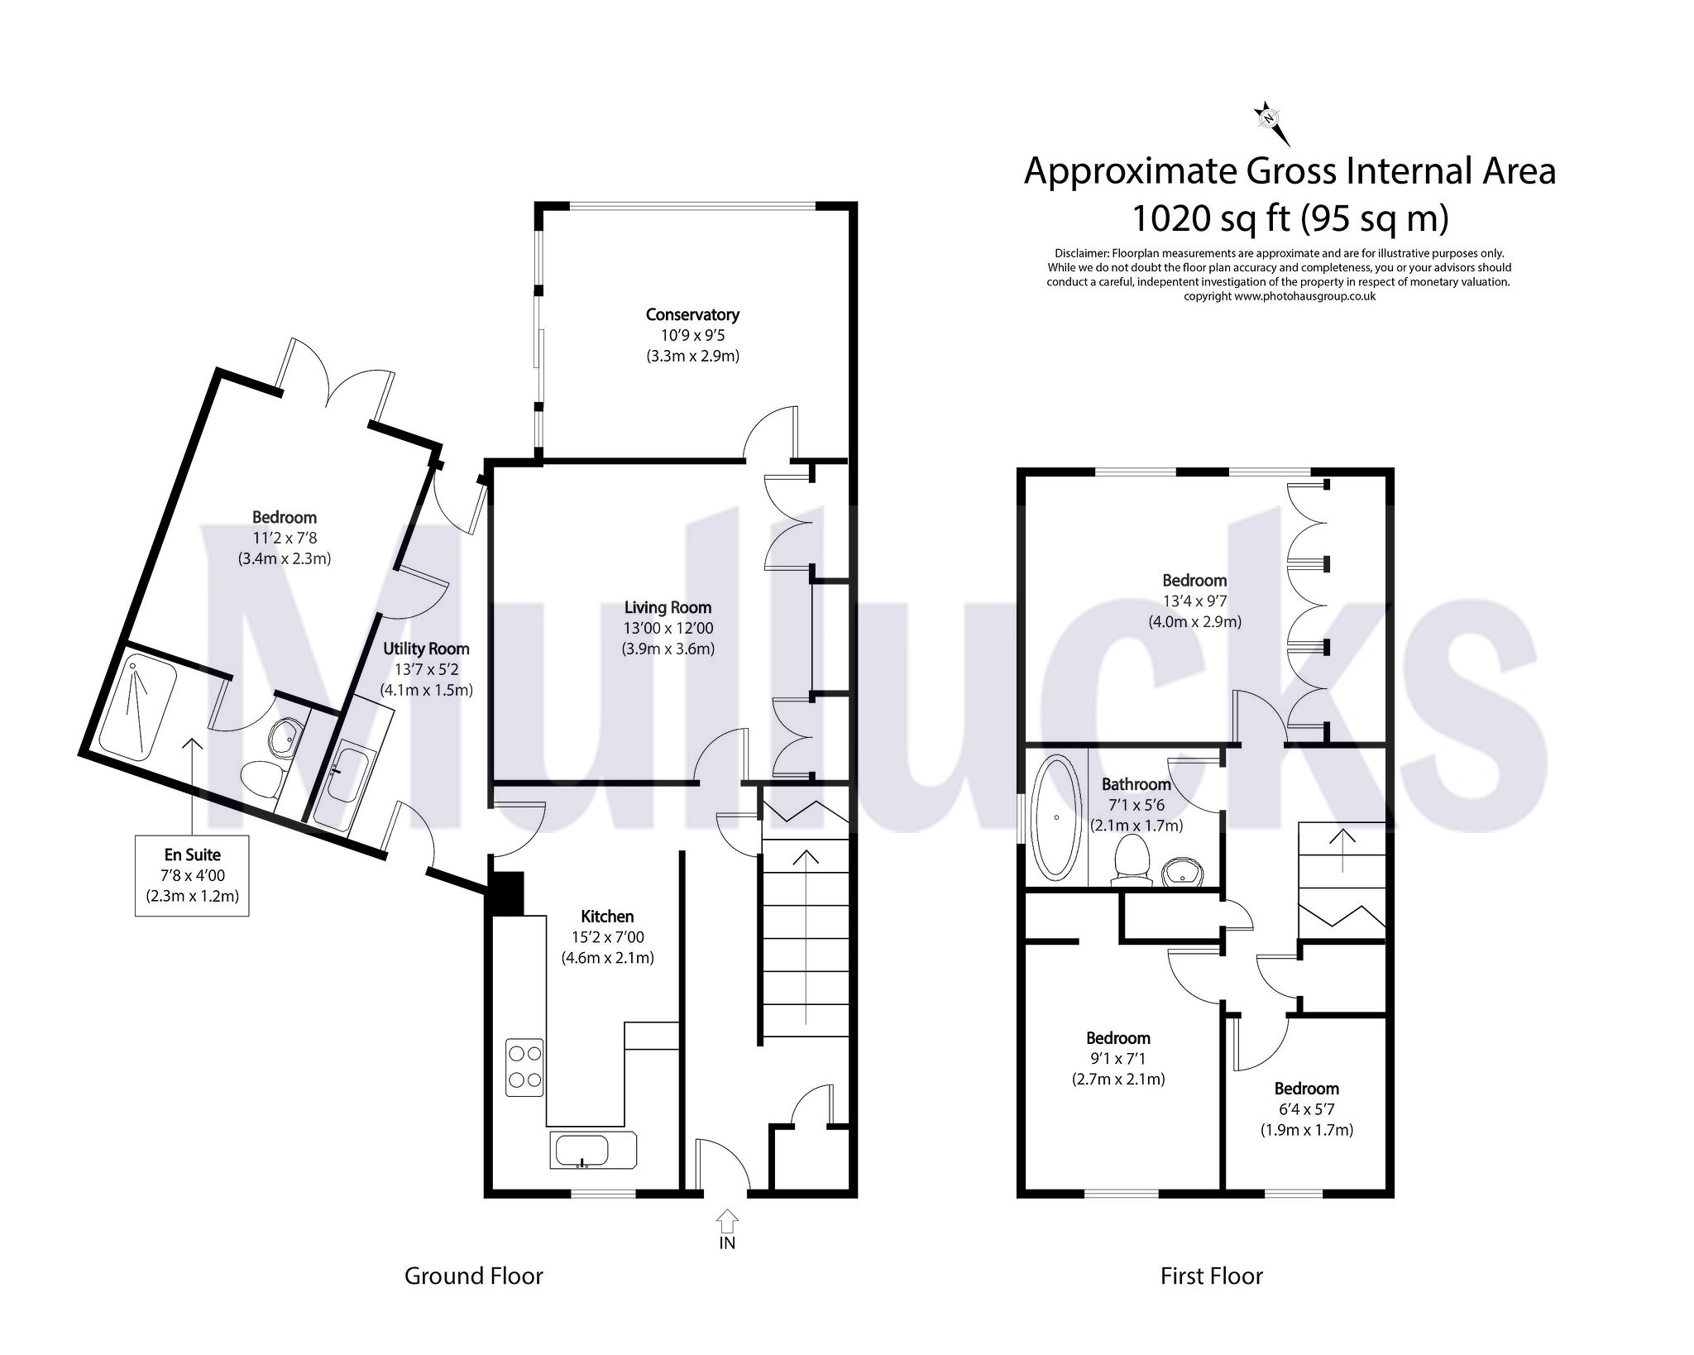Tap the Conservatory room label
click(692, 314)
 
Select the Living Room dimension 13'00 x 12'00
click(668, 629)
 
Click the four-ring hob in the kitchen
click(524, 1067)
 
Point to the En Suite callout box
click(192, 875)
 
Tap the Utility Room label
click(426, 649)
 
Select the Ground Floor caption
click(473, 1276)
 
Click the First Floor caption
click(1211, 1276)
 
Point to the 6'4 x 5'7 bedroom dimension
click(1306, 1109)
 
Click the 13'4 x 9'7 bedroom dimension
click(1194, 601)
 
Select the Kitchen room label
click(607, 917)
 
